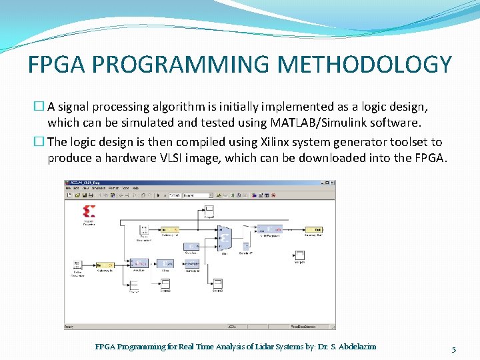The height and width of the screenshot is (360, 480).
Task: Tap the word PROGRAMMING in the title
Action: [x=181, y=65]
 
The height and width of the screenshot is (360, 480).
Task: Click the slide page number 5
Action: [x=453, y=349]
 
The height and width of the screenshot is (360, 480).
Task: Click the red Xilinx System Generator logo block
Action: [x=89, y=213]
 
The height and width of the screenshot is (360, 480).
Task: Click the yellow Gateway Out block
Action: [x=318, y=229]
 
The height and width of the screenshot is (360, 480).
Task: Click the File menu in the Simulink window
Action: [x=68, y=189]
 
